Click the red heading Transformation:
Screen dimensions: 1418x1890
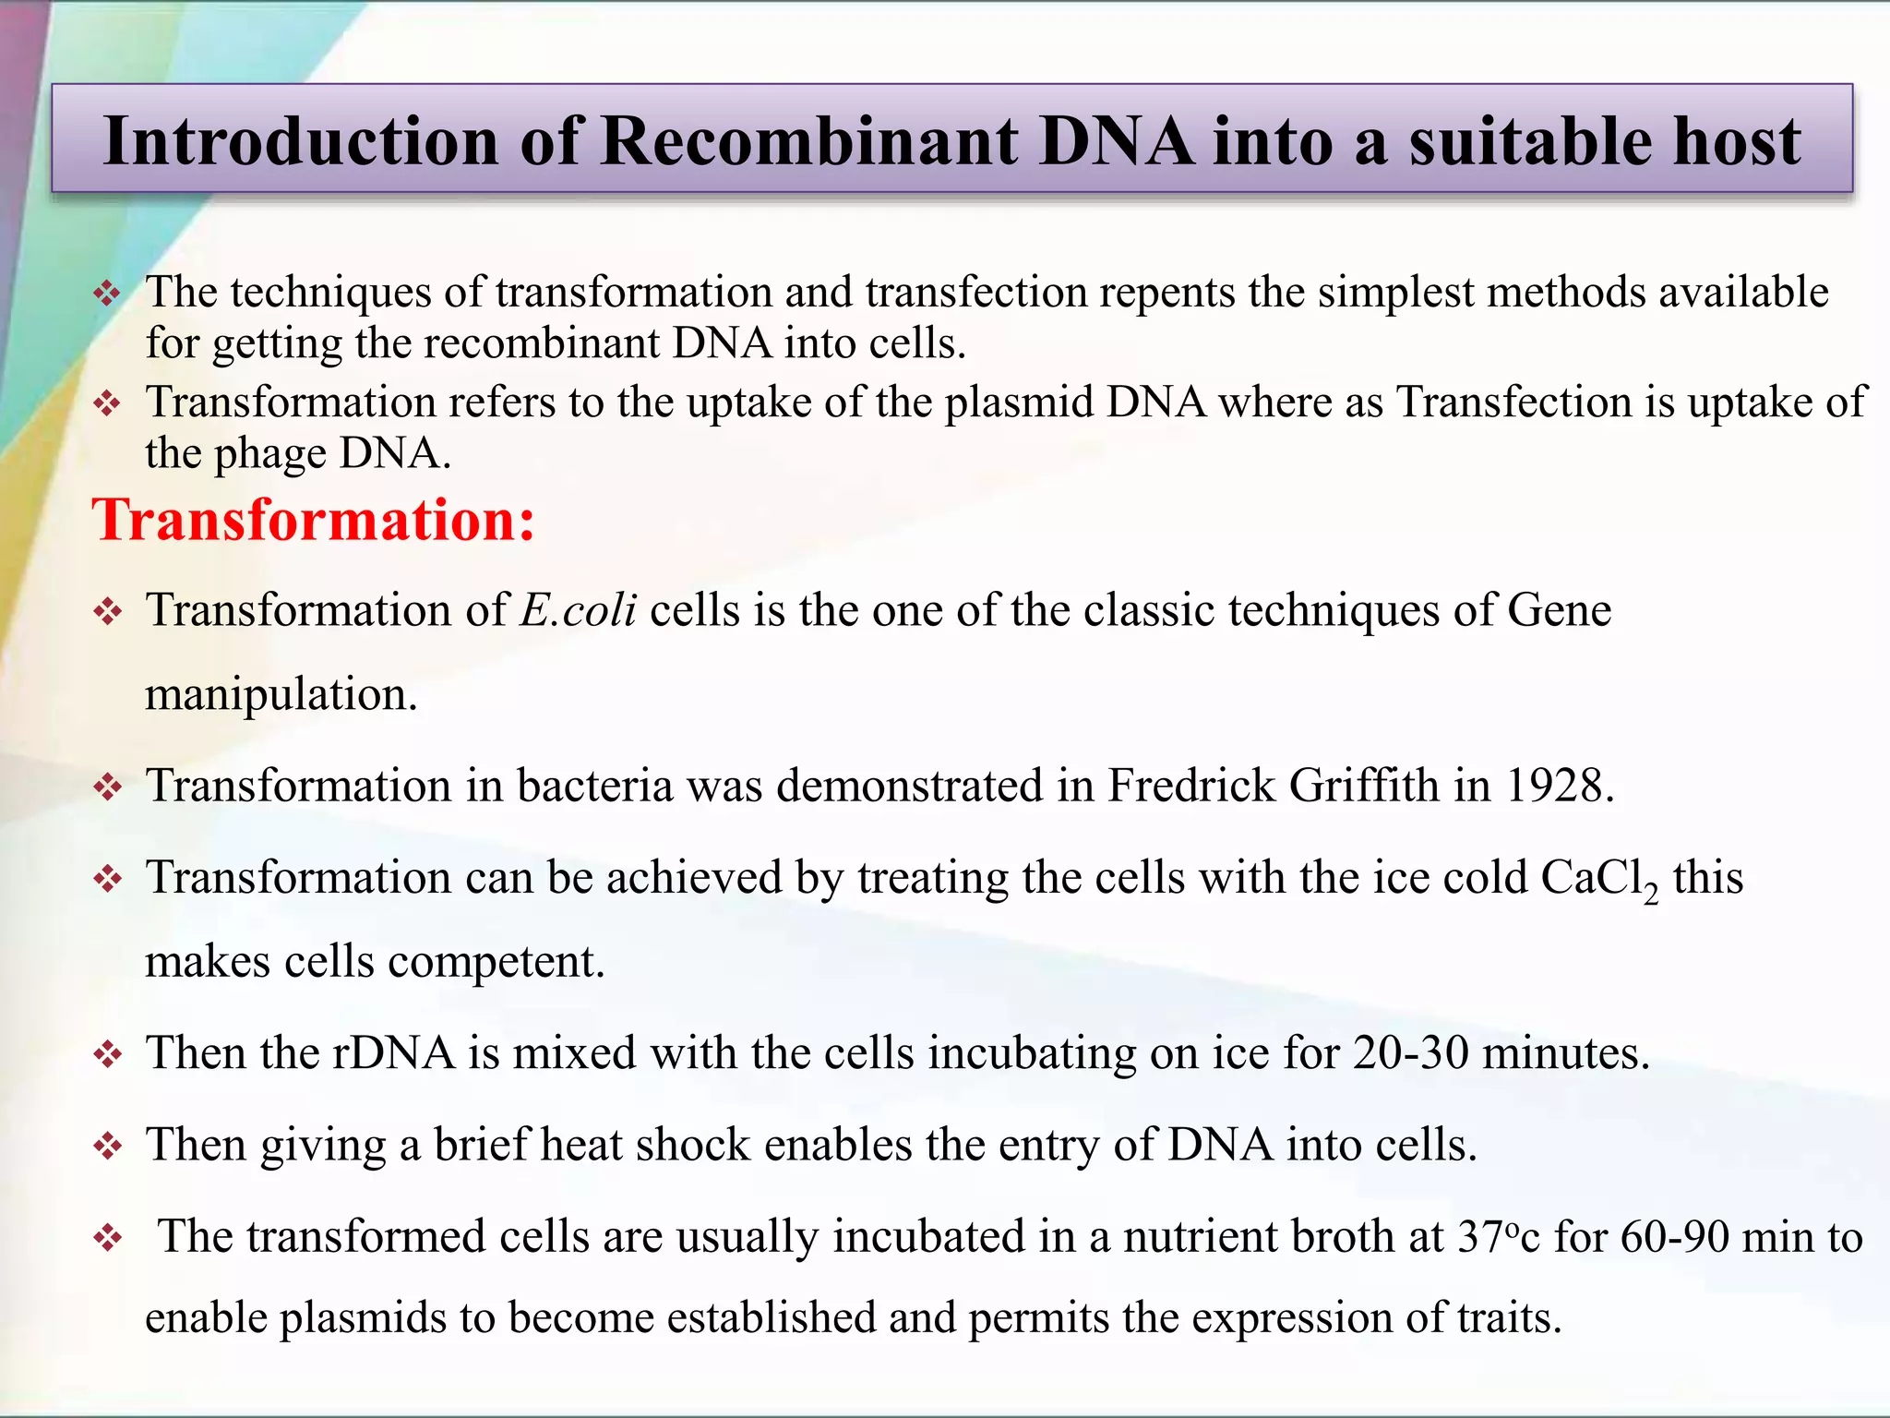(x=313, y=520)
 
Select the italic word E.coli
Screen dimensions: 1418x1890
(x=578, y=610)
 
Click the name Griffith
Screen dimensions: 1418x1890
(x=1364, y=786)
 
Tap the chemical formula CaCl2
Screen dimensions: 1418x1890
(x=1598, y=879)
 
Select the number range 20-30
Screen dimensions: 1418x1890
(x=1411, y=1052)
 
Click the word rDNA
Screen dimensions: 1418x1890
(x=393, y=1052)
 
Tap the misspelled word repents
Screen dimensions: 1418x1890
(x=1166, y=293)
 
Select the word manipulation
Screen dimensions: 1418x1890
(x=281, y=694)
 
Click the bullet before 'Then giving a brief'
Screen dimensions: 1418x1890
(x=108, y=1147)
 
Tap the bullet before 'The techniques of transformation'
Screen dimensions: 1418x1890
(x=108, y=294)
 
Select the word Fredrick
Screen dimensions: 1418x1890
(x=1190, y=786)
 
